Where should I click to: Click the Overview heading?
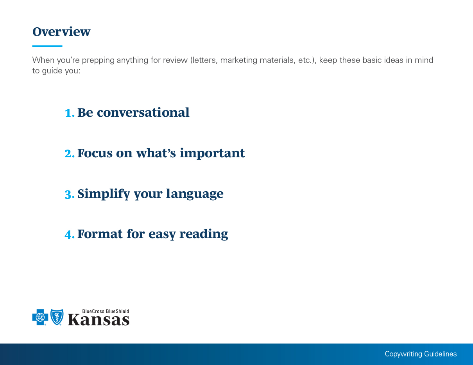point(61,32)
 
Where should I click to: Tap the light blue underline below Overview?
point(47,46)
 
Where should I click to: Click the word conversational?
point(143,112)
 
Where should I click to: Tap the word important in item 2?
point(212,153)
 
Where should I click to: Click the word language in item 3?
point(195,194)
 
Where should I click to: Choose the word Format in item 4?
point(100,234)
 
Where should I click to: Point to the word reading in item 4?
point(204,234)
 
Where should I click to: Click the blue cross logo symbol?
point(40,317)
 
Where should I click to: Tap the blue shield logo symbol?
point(57,317)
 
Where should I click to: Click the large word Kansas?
point(99,320)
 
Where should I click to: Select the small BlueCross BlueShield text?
point(106,311)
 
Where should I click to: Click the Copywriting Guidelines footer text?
point(421,354)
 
